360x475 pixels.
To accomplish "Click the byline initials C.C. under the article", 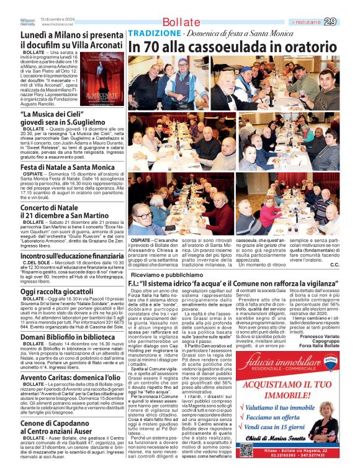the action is point(335,247).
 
